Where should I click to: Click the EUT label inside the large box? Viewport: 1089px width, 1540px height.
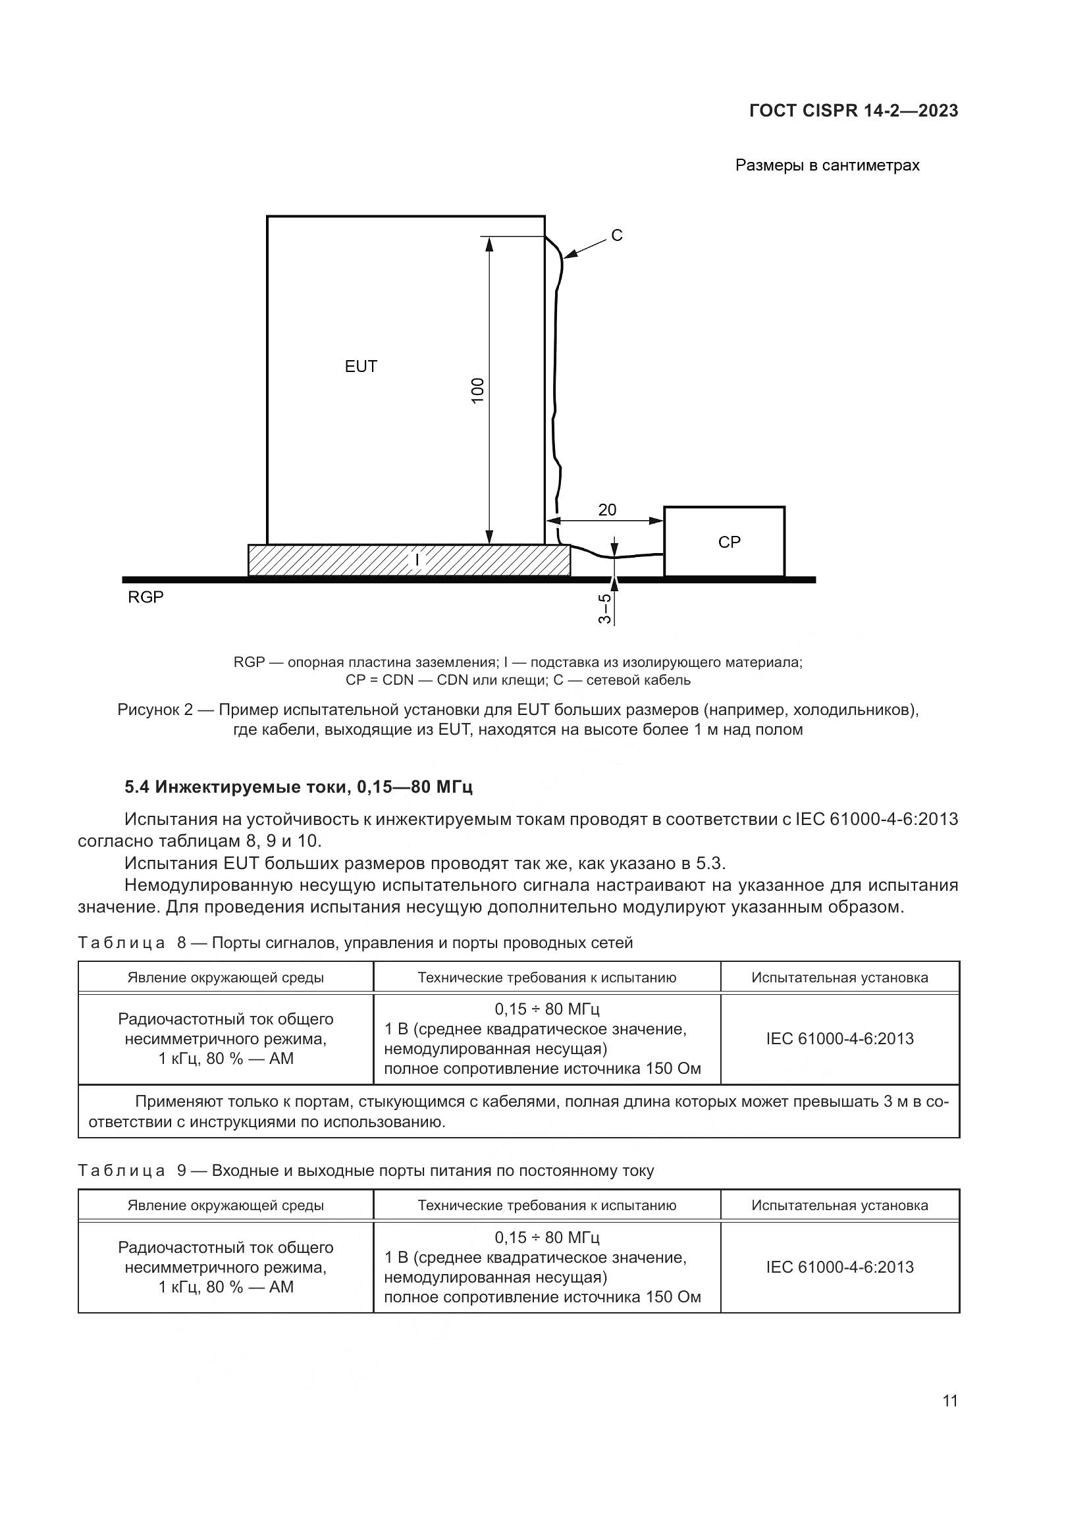tap(361, 366)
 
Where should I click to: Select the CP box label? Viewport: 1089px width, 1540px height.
tap(729, 542)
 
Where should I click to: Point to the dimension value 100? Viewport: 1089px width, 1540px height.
tap(477, 390)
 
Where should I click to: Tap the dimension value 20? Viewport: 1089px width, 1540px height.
tap(607, 510)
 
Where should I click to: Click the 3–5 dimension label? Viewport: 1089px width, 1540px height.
tap(605, 609)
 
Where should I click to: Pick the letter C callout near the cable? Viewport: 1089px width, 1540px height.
tap(617, 236)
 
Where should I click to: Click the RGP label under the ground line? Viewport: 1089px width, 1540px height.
tap(146, 597)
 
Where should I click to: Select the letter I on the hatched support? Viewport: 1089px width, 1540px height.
tap(417, 560)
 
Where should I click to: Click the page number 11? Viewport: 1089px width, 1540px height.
tap(950, 1400)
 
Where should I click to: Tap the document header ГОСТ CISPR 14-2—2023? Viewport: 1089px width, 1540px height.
tap(854, 111)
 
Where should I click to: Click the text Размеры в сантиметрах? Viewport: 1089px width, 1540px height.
tap(827, 165)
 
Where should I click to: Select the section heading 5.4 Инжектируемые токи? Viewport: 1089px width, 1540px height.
tap(298, 787)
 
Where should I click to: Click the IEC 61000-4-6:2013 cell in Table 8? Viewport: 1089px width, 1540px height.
tap(839, 1038)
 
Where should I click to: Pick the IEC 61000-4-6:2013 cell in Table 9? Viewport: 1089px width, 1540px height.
tap(839, 1266)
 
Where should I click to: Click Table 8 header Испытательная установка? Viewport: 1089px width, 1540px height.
tap(839, 977)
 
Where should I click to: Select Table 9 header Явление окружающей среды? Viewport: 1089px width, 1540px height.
tap(225, 1206)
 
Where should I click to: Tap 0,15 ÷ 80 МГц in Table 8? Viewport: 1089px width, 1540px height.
tap(546, 1009)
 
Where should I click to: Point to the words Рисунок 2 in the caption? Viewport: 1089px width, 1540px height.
tap(155, 710)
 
